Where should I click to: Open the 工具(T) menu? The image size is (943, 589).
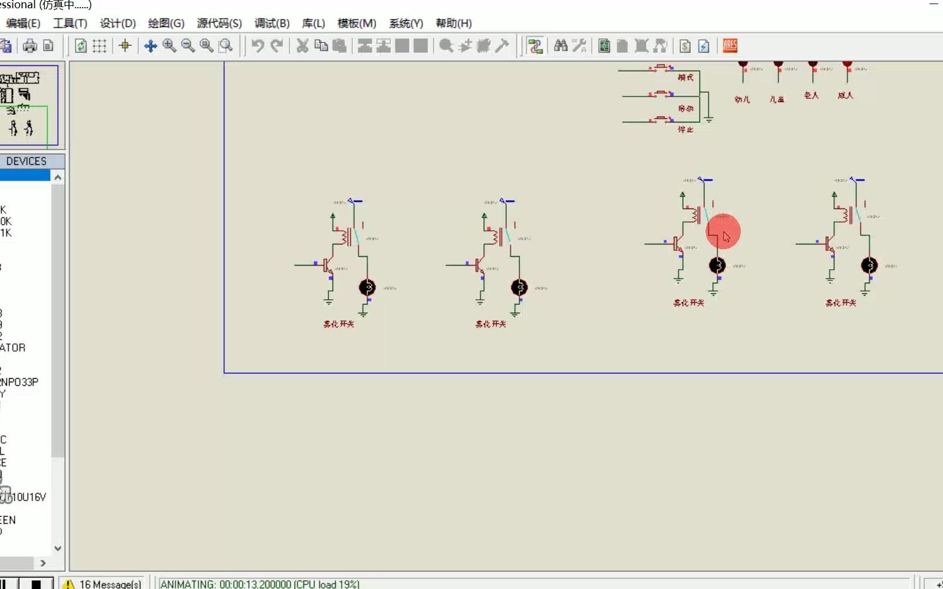pos(70,24)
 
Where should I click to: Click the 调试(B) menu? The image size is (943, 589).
pos(272,24)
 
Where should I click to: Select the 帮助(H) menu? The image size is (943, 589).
pos(453,24)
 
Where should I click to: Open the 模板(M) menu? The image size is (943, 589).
pos(357,24)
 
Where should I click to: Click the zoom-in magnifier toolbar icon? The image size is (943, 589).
pos(169,46)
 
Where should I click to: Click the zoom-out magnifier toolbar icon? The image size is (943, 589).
pos(188,46)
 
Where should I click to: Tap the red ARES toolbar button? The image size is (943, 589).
pos(730,46)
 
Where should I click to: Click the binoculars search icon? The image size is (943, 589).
pos(560,46)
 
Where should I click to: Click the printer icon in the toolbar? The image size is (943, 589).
pos(29,46)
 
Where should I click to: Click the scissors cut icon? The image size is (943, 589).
pos(302,46)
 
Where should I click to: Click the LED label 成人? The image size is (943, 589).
pos(845,95)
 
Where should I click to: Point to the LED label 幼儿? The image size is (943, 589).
pos(742,100)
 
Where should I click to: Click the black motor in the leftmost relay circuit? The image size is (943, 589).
pos(367,287)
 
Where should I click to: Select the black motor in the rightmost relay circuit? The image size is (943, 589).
pos(869,266)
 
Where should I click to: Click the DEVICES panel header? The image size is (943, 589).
pos(27,161)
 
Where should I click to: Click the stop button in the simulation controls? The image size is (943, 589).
pos(36,584)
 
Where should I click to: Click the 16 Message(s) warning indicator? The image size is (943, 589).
pos(103,584)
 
